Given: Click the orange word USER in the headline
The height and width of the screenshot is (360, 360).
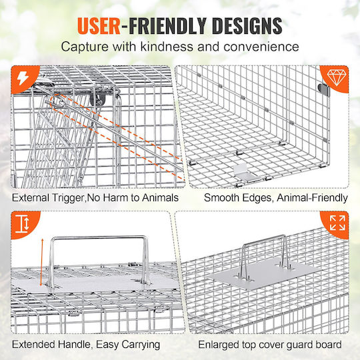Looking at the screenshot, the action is pyautogui.click(x=99, y=25).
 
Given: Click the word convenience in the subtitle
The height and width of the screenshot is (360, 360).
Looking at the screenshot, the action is pyautogui.click(x=261, y=47).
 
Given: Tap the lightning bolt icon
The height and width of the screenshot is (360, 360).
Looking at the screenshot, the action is pyautogui.click(x=23, y=78).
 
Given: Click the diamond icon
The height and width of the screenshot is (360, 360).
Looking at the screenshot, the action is pyautogui.click(x=336, y=77).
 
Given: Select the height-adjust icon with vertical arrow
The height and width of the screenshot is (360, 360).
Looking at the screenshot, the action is pyautogui.click(x=22, y=224).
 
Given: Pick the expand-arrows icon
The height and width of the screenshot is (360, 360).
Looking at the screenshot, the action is pyautogui.click(x=337, y=223).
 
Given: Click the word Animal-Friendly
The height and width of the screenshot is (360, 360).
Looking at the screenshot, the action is pyautogui.click(x=312, y=198).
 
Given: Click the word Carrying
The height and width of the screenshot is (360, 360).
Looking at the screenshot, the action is pyautogui.click(x=141, y=345).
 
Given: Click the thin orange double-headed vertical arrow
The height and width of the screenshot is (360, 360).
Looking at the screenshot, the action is pyautogui.click(x=42, y=262).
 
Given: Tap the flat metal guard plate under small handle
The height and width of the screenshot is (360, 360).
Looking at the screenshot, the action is pyautogui.click(x=265, y=273).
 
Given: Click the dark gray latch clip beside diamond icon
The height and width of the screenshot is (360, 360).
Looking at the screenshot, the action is pyautogui.click(x=323, y=90).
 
